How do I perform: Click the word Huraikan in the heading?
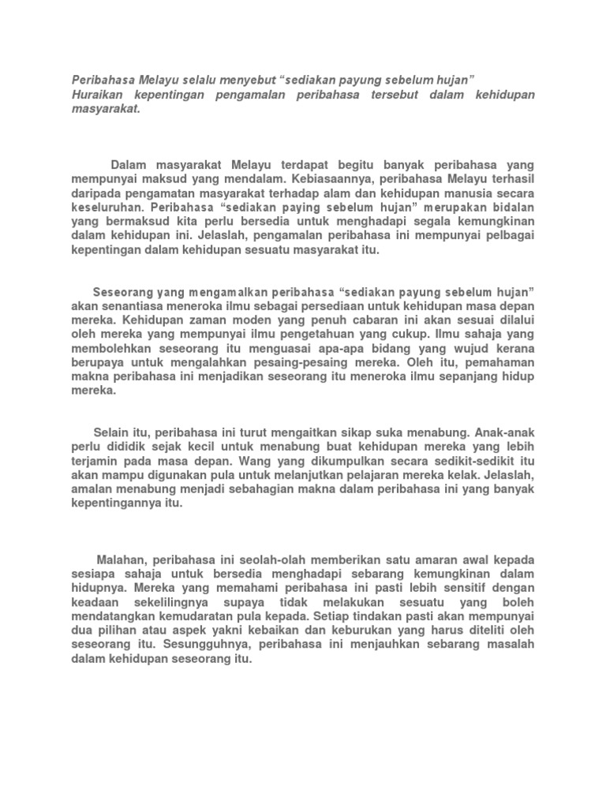click(x=99, y=95)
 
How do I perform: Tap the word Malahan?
click(x=122, y=559)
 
